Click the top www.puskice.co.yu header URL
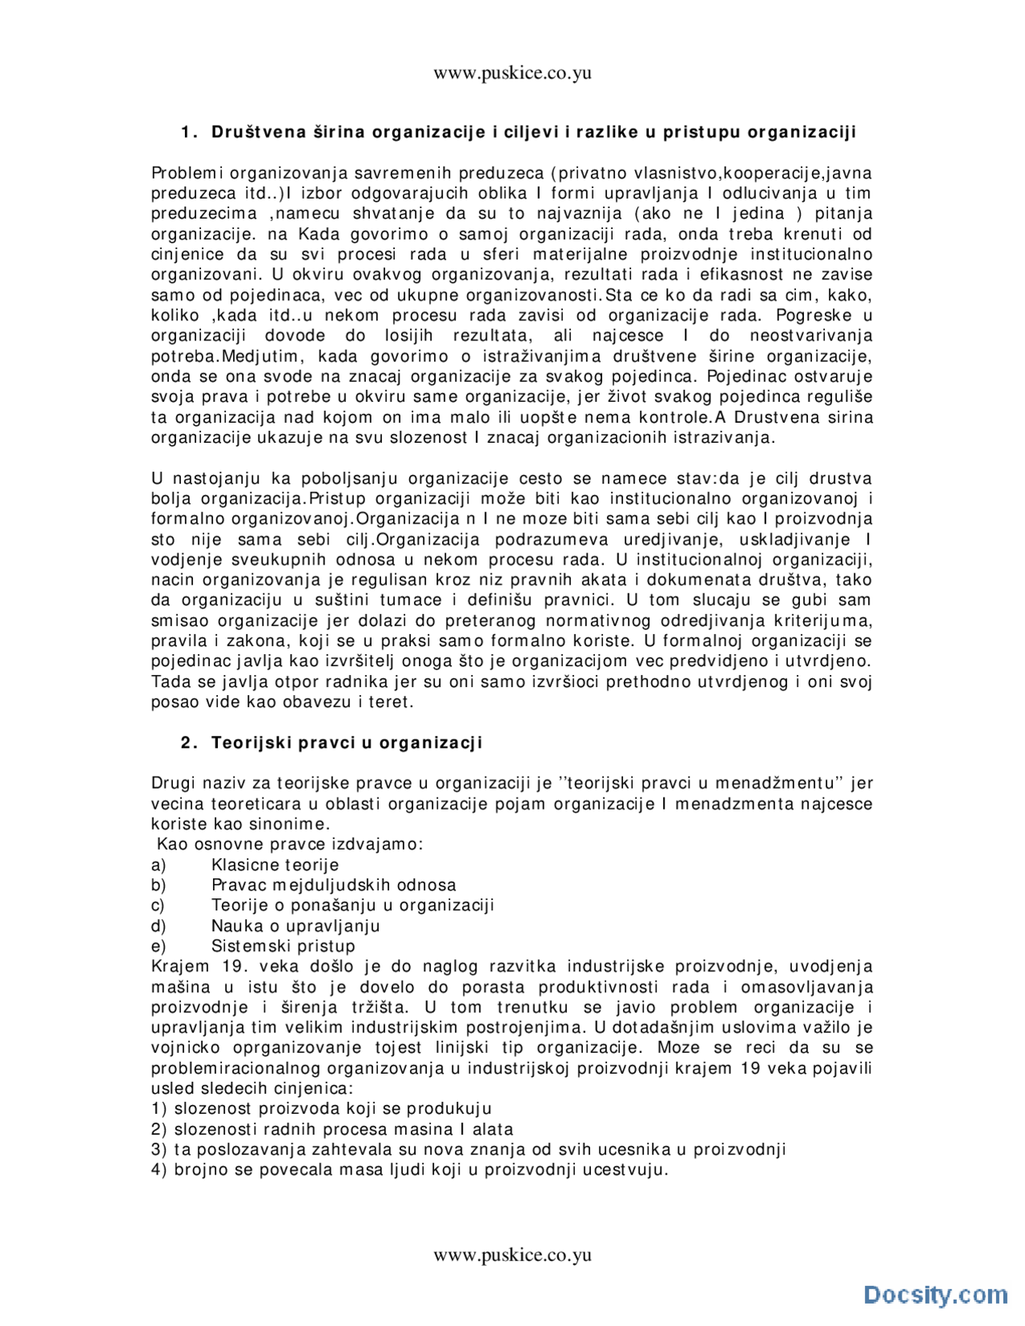pyautogui.click(x=512, y=74)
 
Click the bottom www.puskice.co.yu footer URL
pyautogui.click(x=512, y=1254)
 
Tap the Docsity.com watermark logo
pyautogui.click(x=935, y=1294)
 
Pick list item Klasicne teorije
pyautogui.click(x=275, y=865)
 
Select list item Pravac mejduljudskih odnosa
pyautogui.click(x=333, y=885)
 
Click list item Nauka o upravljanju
pyautogui.click(x=295, y=926)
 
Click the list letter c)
pyautogui.click(x=158, y=905)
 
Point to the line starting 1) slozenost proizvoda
pyautogui.click(x=321, y=1109)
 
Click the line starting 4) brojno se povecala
pyautogui.click(x=409, y=1170)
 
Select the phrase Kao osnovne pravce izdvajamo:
pyautogui.click(x=290, y=844)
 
